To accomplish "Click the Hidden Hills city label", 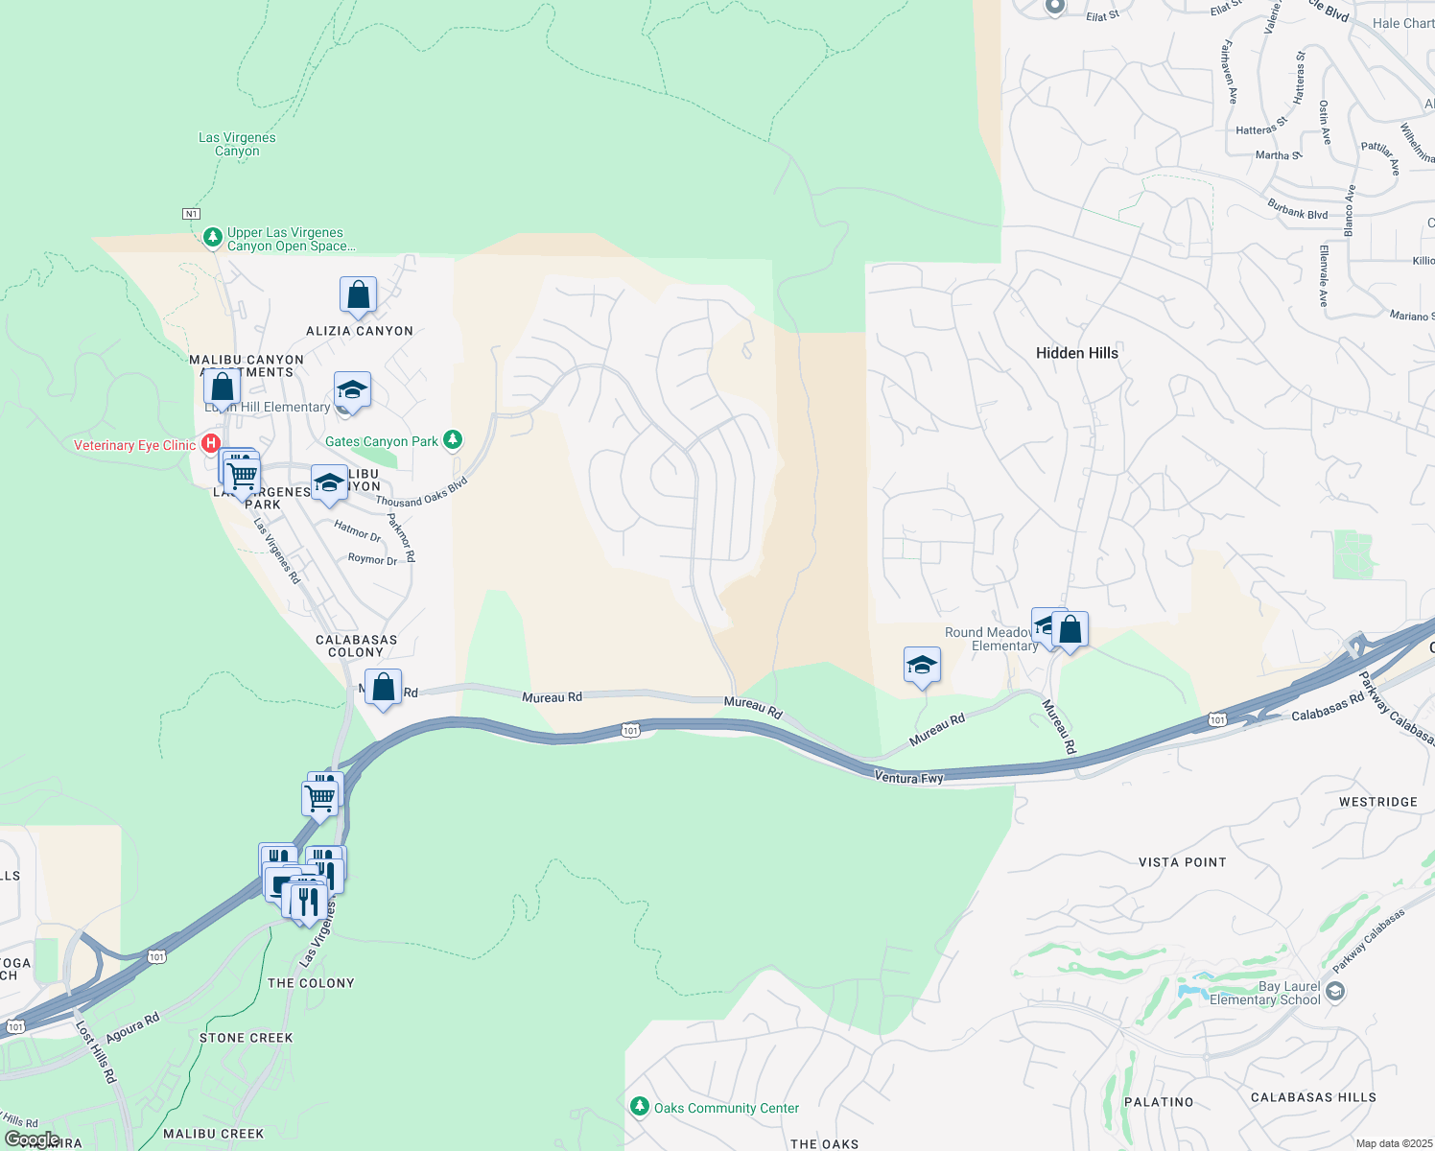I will tap(1076, 353).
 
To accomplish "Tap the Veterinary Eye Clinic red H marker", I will tap(211, 445).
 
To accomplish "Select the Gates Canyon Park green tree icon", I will tap(453, 441).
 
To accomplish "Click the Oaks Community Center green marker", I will tap(639, 1108).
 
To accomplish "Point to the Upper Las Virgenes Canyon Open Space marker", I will tap(213, 237).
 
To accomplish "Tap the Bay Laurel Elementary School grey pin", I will tap(1334, 993).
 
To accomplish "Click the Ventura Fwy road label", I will tap(908, 778).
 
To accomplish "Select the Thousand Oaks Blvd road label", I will tap(421, 492).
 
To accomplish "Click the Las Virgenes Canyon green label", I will tap(237, 144).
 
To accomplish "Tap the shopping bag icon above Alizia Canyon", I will tap(358, 296).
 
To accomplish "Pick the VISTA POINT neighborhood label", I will tap(1182, 862).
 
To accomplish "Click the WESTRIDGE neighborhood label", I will tap(1377, 802).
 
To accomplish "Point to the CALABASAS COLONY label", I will tap(356, 646).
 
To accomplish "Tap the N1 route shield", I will tap(192, 214).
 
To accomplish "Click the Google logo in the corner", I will tap(32, 1139).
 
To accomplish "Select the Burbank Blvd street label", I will tap(1297, 209).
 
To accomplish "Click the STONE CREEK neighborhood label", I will tap(246, 1038).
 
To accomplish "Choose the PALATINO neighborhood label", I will tap(1159, 1102).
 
